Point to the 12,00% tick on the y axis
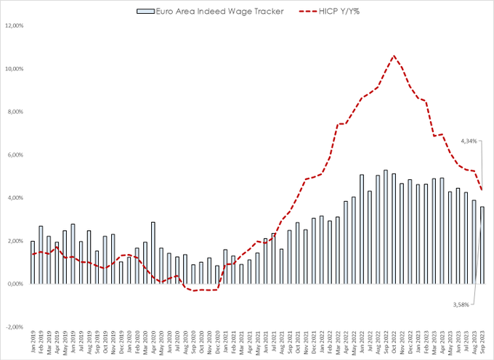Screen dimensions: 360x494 15,26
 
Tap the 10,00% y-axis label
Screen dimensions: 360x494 15,69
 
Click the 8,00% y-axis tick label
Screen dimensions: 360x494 16,112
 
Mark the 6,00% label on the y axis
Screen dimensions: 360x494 16,155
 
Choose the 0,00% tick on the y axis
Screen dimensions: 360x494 16,284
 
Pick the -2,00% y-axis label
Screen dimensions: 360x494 15,327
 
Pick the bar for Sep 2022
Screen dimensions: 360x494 386,226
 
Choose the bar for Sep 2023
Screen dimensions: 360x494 482,245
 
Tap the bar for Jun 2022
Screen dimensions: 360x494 362,229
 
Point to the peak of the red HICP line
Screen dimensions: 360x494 394,56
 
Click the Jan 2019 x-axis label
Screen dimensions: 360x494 33,342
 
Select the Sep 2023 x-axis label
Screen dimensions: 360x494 482,342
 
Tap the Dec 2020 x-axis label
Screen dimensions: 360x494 217,342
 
